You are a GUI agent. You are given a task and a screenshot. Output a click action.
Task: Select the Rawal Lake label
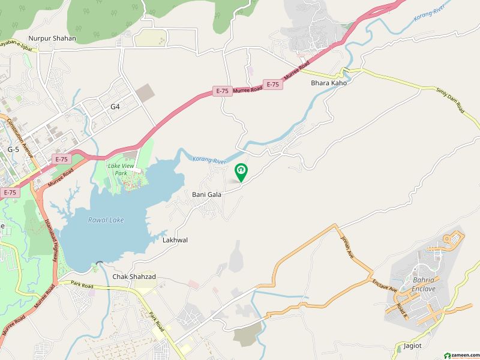coord(106,220)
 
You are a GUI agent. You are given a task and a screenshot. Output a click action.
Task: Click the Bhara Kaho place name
coord(328,83)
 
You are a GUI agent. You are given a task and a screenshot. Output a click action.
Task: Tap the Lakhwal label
coord(175,239)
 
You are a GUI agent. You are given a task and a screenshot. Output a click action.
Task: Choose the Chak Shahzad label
coord(134,277)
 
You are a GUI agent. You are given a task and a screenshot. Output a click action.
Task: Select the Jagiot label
coord(408,347)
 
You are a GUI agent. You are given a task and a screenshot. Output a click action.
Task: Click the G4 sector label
coord(115,107)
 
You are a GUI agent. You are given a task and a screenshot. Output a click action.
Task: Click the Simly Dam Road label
coord(451,98)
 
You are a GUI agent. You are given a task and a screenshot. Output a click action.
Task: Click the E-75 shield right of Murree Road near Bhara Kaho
coord(272,85)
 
